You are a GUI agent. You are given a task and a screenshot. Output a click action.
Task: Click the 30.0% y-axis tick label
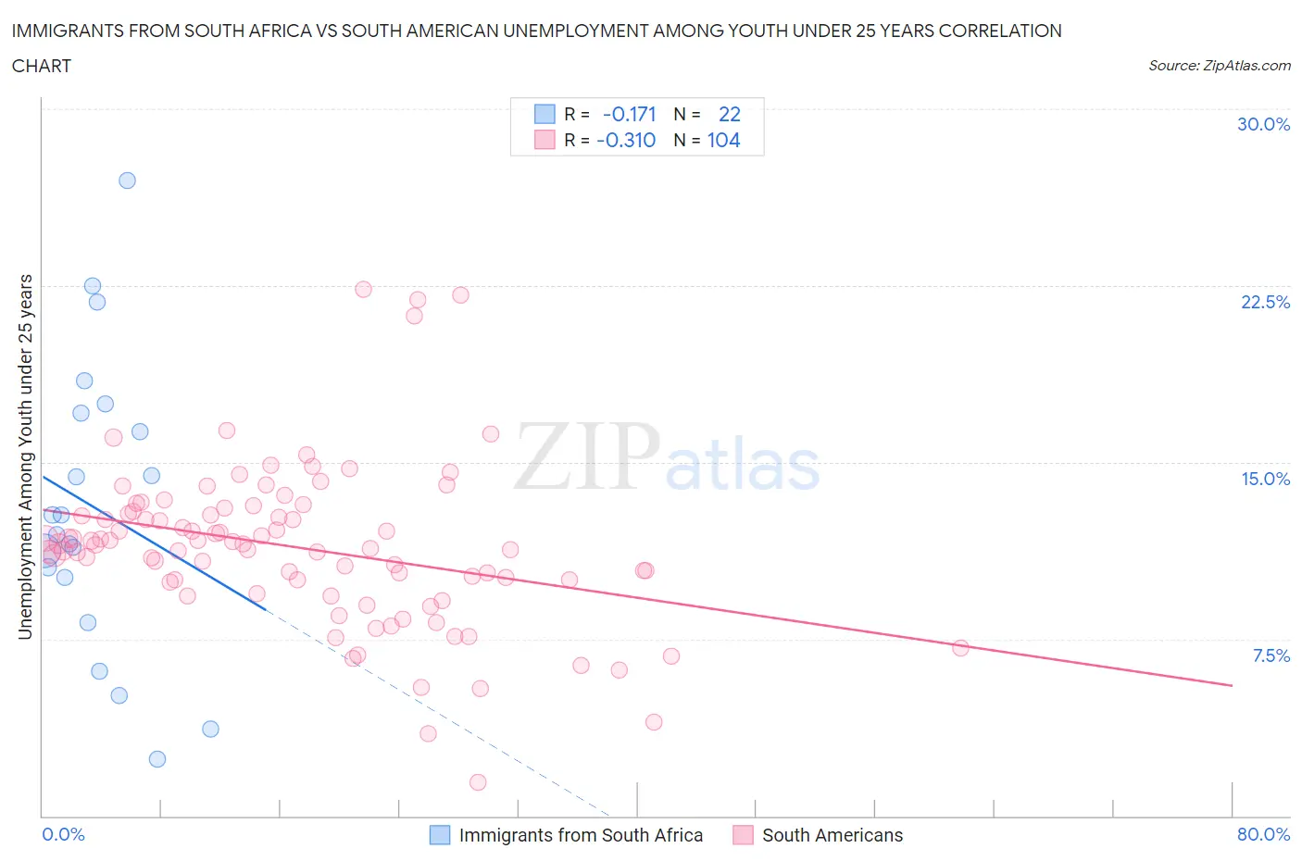(1263, 124)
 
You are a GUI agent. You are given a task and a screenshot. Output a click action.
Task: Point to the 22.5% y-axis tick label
(1265, 302)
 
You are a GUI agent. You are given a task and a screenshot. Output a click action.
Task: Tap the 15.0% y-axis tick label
(1265, 479)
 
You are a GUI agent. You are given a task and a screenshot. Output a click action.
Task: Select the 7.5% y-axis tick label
(1271, 655)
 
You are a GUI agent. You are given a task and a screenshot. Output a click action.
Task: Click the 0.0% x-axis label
(63, 834)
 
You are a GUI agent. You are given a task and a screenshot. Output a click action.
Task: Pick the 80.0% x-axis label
(1263, 834)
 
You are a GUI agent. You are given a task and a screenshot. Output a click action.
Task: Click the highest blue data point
(128, 181)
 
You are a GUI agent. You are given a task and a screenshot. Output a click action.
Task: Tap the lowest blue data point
(157, 759)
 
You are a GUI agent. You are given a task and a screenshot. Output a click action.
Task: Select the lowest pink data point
(478, 782)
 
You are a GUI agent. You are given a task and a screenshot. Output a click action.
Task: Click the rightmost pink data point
(960, 648)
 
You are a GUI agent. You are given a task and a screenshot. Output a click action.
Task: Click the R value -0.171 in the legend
(629, 114)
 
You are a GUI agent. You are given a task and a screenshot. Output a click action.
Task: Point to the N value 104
(723, 140)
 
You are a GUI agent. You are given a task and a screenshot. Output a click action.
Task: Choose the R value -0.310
(626, 140)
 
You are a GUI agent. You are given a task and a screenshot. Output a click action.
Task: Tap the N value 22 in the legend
(730, 114)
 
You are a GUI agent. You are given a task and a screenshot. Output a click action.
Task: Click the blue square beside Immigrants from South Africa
(440, 835)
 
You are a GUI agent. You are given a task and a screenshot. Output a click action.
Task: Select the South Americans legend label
(832, 835)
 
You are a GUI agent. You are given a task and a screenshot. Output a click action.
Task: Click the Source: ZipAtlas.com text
(1219, 65)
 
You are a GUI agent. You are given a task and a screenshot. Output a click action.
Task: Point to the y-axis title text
(25, 456)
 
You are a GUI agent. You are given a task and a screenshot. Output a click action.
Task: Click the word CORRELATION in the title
(1000, 31)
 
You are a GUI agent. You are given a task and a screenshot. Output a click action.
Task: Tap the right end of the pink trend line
(1232, 685)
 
